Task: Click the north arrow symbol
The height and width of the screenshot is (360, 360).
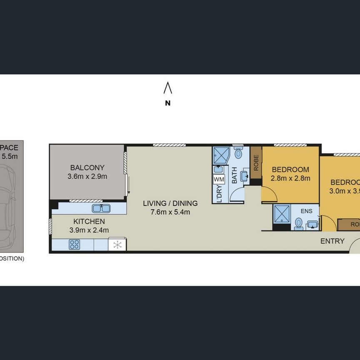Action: [167, 88]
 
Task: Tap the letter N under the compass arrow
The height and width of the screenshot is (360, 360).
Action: [167, 103]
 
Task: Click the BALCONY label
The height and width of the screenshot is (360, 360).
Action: [87, 168]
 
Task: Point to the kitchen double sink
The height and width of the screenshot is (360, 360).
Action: [101, 207]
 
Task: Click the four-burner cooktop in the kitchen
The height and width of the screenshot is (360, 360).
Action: [74, 245]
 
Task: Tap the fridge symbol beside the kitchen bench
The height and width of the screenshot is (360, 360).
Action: [117, 245]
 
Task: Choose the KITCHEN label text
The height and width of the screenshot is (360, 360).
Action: [89, 222]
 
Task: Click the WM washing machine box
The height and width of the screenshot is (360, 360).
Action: [219, 179]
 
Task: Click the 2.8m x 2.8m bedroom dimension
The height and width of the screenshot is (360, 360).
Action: [290, 178]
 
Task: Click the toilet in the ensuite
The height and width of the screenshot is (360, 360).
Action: [298, 224]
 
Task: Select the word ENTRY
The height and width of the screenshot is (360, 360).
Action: [332, 241]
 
